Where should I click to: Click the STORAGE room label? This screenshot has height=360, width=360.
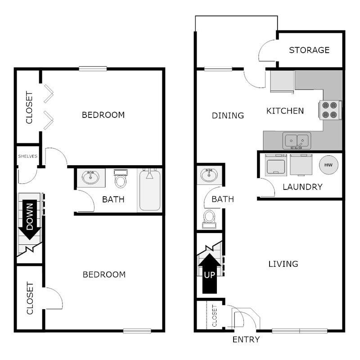309,50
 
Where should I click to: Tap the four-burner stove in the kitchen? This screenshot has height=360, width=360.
330,109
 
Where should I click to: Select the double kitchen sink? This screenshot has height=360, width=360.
297,140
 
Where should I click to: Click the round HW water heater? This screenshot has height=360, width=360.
328,165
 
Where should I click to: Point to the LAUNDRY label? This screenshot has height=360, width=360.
302,187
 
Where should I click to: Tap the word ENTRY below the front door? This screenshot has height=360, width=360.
246,340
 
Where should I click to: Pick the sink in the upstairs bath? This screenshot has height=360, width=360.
91,178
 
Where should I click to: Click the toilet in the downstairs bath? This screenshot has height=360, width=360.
209,219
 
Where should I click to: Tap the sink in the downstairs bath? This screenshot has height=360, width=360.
209,175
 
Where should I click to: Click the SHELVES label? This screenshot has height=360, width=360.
27,156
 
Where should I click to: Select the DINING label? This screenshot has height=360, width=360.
228,116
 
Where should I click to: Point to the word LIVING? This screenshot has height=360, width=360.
283,264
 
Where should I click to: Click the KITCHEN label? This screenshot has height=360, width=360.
285,111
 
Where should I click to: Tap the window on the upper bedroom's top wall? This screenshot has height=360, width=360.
93,69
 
